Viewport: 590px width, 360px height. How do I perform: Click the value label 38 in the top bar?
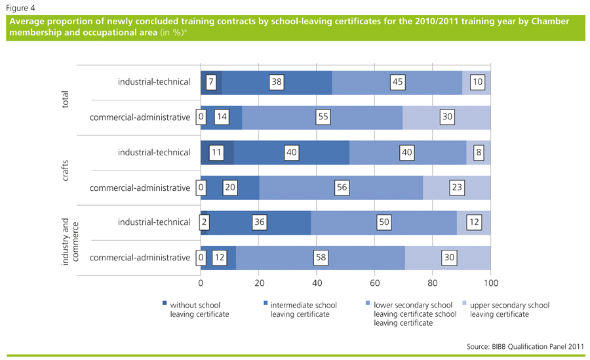277,82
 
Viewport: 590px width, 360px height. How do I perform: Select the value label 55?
321,117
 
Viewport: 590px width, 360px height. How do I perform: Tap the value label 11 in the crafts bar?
217,152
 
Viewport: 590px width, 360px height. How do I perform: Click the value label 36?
260,222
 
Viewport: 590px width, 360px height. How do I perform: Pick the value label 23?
457,188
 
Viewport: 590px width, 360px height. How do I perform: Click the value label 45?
397,82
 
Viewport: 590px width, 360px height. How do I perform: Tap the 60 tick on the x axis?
375,283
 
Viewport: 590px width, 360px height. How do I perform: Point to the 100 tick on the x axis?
490,283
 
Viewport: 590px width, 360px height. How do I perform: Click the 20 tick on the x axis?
259,283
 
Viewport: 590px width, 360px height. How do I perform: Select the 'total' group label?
65,100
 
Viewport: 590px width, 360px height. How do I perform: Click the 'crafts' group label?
65,170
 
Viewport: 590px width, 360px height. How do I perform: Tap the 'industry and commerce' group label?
69,240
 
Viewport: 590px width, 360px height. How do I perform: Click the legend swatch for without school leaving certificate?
165,304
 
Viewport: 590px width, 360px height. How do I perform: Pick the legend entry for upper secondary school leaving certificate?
509,310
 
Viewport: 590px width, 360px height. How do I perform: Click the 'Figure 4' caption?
21,7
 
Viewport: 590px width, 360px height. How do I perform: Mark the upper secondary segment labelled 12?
473,222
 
